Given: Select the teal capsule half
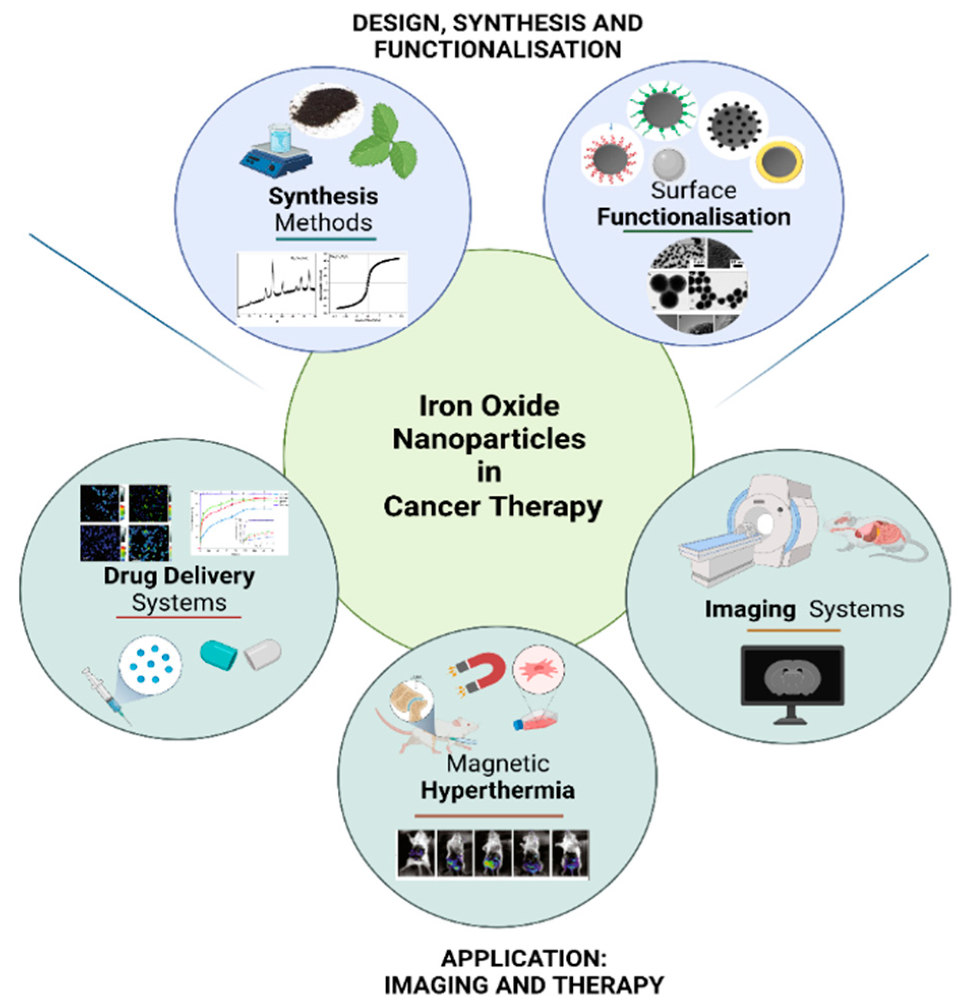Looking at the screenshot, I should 218,654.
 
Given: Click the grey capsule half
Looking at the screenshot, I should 263,654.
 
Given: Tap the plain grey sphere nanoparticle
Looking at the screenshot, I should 669,164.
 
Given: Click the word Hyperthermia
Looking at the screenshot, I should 497,790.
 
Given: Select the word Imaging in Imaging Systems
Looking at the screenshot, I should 750,609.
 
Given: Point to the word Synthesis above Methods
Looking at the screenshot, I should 323,196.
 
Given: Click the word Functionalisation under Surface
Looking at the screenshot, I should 693,217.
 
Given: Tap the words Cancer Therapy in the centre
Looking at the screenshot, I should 493,507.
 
